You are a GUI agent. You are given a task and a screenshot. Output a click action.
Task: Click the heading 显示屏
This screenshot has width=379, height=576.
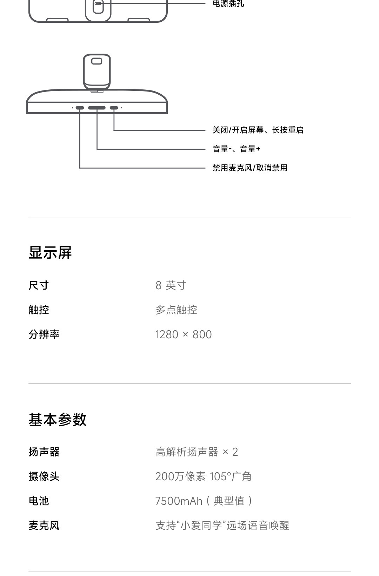[x=50, y=253]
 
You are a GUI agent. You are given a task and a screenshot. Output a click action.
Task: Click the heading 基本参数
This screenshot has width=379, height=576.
[x=58, y=420]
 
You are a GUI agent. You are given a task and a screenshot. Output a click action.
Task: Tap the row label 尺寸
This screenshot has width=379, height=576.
[x=39, y=285]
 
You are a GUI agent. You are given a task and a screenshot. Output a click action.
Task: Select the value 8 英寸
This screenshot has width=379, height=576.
[x=171, y=285]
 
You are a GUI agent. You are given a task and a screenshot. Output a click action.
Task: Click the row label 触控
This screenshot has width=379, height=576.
[x=39, y=310]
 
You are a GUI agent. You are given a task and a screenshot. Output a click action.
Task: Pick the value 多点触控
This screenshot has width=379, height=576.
[x=176, y=310]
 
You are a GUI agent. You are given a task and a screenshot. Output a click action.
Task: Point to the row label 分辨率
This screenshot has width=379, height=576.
[x=44, y=334]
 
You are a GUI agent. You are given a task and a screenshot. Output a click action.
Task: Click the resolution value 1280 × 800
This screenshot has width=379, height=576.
[x=184, y=334]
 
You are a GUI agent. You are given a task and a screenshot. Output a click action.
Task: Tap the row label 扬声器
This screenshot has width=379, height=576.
[x=44, y=452]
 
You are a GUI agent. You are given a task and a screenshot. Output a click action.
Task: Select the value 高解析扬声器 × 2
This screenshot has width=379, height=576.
[x=197, y=452]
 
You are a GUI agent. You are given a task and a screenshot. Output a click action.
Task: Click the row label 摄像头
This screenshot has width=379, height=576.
[x=44, y=476]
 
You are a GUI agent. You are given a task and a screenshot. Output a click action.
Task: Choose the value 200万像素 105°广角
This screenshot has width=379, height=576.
[x=203, y=476]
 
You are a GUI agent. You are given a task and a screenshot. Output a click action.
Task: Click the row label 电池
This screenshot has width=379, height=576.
[x=39, y=501]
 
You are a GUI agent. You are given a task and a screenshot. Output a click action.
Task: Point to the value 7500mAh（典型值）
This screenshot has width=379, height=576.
[x=204, y=501]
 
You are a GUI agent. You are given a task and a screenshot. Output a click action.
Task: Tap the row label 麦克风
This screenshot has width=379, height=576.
[x=44, y=526]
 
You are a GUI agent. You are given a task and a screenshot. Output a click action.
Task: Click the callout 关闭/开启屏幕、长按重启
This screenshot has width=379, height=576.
[x=258, y=130]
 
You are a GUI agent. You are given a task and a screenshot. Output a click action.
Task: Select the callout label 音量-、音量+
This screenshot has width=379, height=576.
[x=236, y=149]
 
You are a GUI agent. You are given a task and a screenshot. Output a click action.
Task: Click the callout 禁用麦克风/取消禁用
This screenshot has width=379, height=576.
[x=250, y=168]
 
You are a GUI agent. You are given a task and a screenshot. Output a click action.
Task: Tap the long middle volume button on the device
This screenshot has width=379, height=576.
[x=97, y=108]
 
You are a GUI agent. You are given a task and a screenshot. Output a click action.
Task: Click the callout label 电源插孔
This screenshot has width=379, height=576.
[x=228, y=4]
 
